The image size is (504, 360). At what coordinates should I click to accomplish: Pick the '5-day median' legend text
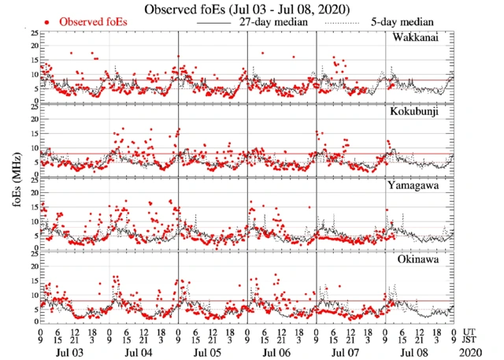point(402,22)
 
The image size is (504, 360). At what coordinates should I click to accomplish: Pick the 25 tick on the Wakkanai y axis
point(33,33)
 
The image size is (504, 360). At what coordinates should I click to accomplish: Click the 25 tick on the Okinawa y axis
point(33,254)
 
